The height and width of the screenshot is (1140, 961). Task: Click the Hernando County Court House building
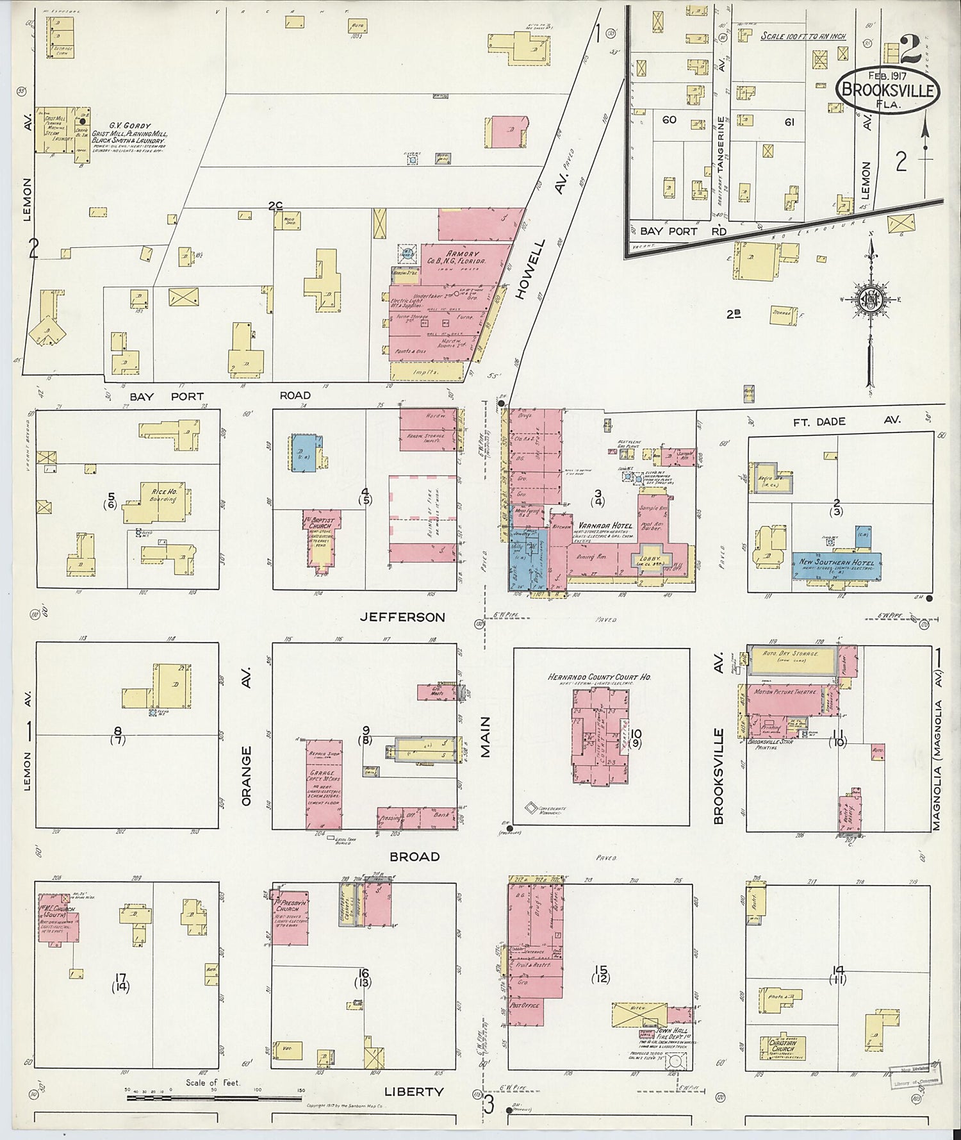point(600,737)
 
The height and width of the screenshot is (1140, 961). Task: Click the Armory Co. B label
point(456,258)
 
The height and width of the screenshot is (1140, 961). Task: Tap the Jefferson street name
point(402,617)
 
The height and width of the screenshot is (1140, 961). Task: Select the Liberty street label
point(413,1091)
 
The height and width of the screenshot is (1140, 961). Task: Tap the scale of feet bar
point(213,1098)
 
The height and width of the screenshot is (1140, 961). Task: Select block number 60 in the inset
point(669,120)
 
